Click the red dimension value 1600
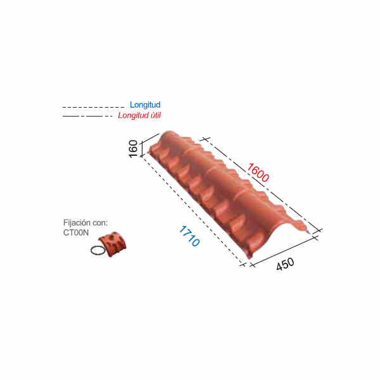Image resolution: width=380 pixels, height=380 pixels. (x=258, y=173)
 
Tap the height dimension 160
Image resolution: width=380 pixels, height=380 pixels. (x=133, y=149)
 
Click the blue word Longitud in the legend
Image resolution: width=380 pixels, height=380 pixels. (x=145, y=105)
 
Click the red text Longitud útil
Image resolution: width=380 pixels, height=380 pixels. (x=139, y=116)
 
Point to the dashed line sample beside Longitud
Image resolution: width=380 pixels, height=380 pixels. (x=93, y=107)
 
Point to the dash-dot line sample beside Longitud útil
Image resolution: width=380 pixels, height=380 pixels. (x=88, y=117)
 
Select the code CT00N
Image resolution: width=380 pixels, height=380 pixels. (x=76, y=232)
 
